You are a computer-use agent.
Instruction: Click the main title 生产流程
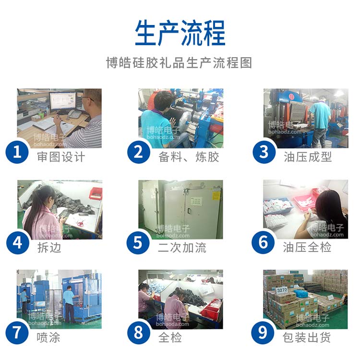click(x=180, y=33)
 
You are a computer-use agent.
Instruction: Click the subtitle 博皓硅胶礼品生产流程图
click(x=179, y=63)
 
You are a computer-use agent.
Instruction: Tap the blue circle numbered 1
click(x=17, y=152)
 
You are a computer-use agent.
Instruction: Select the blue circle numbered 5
click(x=138, y=243)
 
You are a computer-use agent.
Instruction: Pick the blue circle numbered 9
click(x=263, y=333)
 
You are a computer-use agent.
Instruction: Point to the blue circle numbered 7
click(x=17, y=333)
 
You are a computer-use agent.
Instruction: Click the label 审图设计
click(x=61, y=157)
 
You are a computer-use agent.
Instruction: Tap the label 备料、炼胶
click(x=189, y=157)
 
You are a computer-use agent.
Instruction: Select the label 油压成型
click(x=308, y=157)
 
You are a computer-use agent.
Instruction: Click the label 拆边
click(x=49, y=248)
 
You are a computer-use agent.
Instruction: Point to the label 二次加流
click(x=182, y=248)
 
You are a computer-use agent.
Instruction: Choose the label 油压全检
click(x=307, y=247)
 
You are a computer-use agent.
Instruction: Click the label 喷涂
click(x=48, y=338)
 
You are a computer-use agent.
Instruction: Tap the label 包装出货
click(x=307, y=337)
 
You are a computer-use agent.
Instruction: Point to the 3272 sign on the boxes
click(x=282, y=290)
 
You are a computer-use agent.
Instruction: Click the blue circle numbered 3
click(x=264, y=152)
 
